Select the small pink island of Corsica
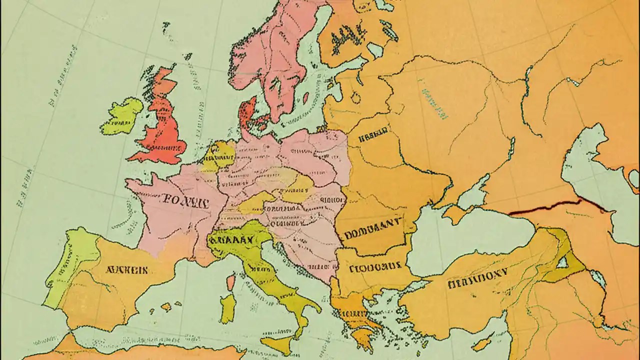(230, 282)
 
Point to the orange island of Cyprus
(481, 344)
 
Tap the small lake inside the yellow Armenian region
(563, 261)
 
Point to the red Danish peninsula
(247, 114)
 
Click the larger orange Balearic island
(166, 307)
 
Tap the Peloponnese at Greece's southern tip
(362, 337)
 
